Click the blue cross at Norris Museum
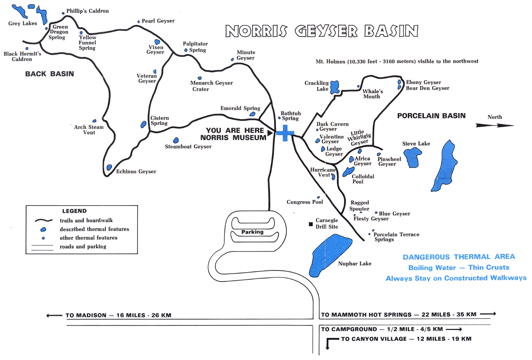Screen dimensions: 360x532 click(x=286, y=133)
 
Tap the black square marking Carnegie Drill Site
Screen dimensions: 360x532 click(x=311, y=224)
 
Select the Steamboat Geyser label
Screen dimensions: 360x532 click(x=188, y=147)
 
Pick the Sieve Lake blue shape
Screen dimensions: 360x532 click(x=414, y=157)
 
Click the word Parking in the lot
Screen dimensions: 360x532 click(x=252, y=232)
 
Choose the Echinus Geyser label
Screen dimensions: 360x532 click(x=136, y=172)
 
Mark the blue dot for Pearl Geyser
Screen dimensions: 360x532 click(x=138, y=21)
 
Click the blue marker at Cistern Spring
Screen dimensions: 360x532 click(x=143, y=125)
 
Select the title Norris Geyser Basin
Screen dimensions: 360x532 click(x=321, y=31)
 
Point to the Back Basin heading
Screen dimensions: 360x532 click(x=49, y=74)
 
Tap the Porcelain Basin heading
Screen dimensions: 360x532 click(x=431, y=116)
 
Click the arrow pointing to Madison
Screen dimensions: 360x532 click(x=54, y=316)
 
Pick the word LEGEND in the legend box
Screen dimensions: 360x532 click(x=74, y=211)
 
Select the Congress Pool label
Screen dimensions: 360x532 click(x=305, y=202)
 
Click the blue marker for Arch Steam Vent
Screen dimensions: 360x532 click(x=94, y=121)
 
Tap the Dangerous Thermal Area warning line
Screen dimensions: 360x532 click(x=459, y=257)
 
